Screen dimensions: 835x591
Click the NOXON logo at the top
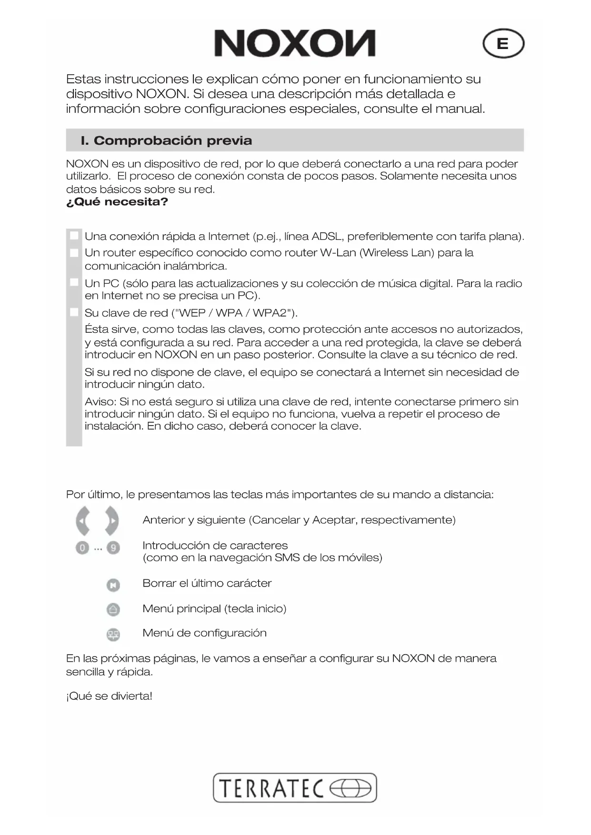295,43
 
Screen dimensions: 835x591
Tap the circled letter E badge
503,44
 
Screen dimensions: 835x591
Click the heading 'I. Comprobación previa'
166,140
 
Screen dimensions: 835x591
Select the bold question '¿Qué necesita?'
117,202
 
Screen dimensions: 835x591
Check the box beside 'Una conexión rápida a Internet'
74,236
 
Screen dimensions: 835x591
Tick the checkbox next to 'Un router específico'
74,253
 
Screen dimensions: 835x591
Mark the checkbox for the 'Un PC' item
74,282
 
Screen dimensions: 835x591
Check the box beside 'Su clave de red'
74,312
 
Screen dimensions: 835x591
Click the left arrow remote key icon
83,520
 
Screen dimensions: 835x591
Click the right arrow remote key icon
112,520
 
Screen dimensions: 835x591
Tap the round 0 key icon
82,548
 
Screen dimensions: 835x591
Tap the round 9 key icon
113,548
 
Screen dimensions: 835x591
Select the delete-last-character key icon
113,585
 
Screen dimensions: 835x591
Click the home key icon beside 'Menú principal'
113,609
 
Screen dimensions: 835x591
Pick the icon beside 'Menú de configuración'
113,634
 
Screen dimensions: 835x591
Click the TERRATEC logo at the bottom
295,788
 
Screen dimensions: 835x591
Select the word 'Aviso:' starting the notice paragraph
100,402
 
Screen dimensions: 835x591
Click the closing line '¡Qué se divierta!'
109,696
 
